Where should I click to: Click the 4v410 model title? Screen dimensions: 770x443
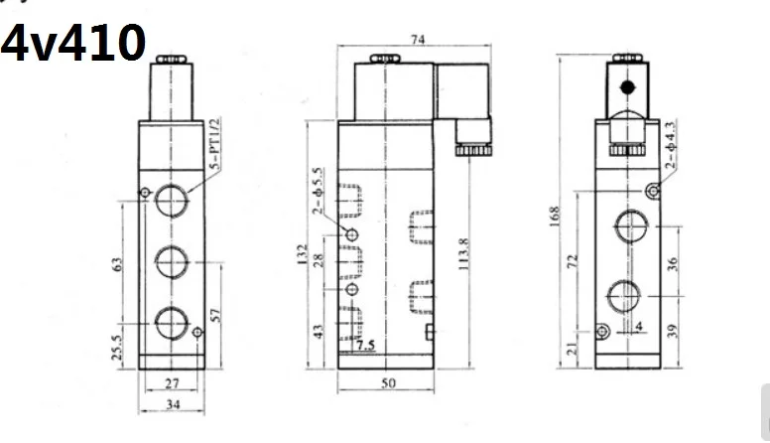73,44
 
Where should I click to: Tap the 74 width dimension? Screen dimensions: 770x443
418,40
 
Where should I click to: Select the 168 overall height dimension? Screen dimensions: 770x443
555,217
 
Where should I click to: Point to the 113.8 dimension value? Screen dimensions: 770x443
463,254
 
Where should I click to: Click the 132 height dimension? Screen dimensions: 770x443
303,254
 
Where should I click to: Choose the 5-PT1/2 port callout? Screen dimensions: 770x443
215,144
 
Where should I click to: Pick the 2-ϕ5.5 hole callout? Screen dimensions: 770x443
319,191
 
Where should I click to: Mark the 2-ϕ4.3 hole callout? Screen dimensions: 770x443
671,145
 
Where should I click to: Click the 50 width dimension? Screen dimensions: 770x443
388,383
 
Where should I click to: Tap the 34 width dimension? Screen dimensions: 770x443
173,404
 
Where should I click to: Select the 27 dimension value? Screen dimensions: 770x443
172,383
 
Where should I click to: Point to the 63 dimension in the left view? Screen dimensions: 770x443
117,264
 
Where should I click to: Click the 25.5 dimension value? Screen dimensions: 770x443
117,347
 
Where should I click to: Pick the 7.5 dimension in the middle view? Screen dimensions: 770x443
365,345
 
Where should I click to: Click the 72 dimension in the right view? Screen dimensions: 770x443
573,261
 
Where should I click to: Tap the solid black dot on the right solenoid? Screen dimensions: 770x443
627,87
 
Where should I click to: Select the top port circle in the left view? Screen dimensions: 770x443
172,201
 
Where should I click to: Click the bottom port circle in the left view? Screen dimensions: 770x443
172,323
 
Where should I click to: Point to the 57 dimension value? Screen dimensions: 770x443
215,315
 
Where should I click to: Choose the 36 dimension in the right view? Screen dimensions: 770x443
673,264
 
